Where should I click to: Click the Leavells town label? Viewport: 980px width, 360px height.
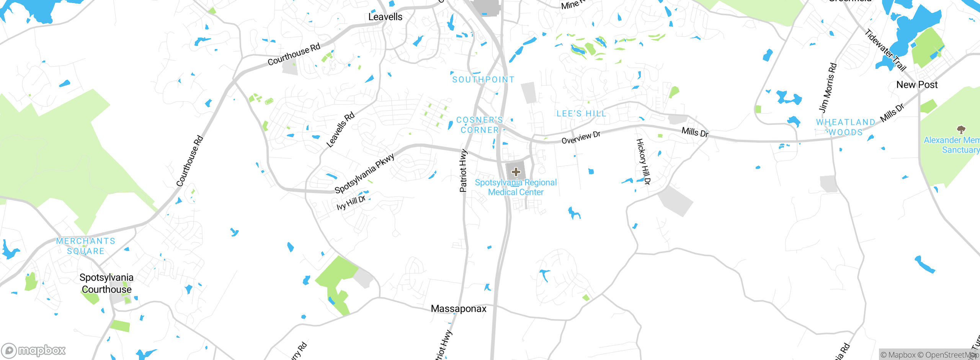click(x=385, y=17)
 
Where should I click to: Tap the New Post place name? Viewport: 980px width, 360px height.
click(x=917, y=85)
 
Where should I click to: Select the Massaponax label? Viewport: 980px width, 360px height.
click(x=458, y=309)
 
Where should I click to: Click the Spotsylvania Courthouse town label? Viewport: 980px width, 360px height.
click(x=106, y=283)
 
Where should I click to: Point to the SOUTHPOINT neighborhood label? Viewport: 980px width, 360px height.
click(x=483, y=80)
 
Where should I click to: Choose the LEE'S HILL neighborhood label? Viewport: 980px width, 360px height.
click(x=581, y=114)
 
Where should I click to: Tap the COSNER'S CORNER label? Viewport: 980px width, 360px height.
click(x=480, y=125)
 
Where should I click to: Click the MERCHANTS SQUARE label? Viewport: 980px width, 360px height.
click(x=86, y=246)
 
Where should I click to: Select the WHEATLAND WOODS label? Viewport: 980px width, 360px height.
click(x=845, y=127)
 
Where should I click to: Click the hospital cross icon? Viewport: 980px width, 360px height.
click(x=516, y=172)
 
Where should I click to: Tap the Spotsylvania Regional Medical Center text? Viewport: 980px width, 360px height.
click(x=516, y=187)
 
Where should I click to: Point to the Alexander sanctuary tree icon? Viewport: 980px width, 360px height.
click(x=961, y=129)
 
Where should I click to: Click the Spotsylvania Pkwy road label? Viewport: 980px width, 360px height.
click(x=364, y=173)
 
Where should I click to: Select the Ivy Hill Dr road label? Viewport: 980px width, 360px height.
click(x=351, y=203)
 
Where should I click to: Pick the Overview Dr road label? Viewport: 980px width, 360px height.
click(x=581, y=137)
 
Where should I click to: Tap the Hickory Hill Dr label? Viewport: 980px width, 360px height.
click(x=643, y=162)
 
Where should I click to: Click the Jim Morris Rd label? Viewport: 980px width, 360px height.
click(x=828, y=88)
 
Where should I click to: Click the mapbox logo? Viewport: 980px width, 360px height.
click(x=34, y=350)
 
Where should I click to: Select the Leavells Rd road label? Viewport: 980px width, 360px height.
click(x=340, y=130)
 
